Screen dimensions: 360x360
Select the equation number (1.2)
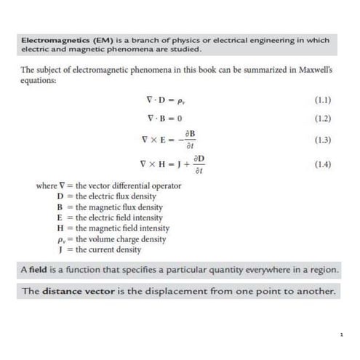(x=322, y=118)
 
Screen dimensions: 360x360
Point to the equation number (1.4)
(x=322, y=165)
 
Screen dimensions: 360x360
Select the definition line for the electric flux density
(x=108, y=196)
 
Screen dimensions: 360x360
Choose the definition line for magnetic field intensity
(x=113, y=228)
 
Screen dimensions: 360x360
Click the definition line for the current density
(x=98, y=249)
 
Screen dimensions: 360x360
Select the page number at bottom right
(x=341, y=335)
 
